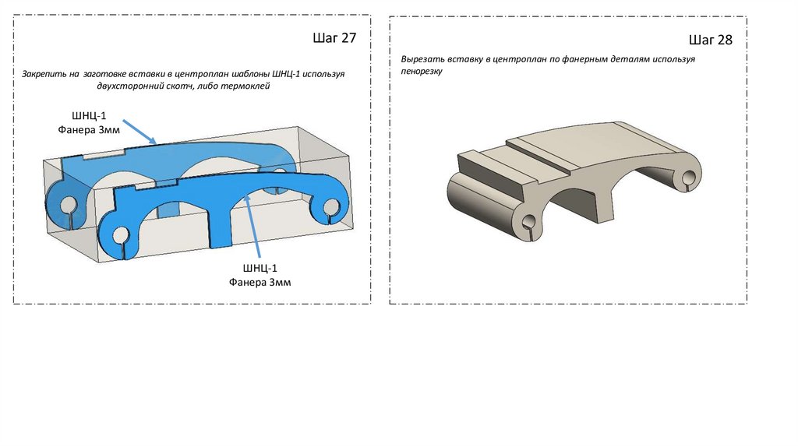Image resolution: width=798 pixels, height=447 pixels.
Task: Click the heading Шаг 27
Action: point(334,38)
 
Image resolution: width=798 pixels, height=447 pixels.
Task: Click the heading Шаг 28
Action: point(711,40)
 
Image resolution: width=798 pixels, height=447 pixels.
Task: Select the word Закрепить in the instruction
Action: point(44,74)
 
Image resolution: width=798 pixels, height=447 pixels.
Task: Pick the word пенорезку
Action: point(422,71)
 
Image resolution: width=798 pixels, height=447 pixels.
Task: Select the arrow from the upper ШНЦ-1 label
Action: point(139,132)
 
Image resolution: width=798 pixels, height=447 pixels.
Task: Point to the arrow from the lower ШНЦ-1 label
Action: point(253,226)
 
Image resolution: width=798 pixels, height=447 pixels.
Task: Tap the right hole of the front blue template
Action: point(330,206)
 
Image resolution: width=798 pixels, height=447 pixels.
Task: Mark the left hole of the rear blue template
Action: point(68,206)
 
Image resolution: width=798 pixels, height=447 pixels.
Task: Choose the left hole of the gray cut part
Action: point(529,222)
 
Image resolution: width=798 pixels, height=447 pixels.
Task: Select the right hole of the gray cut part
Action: point(689,178)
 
